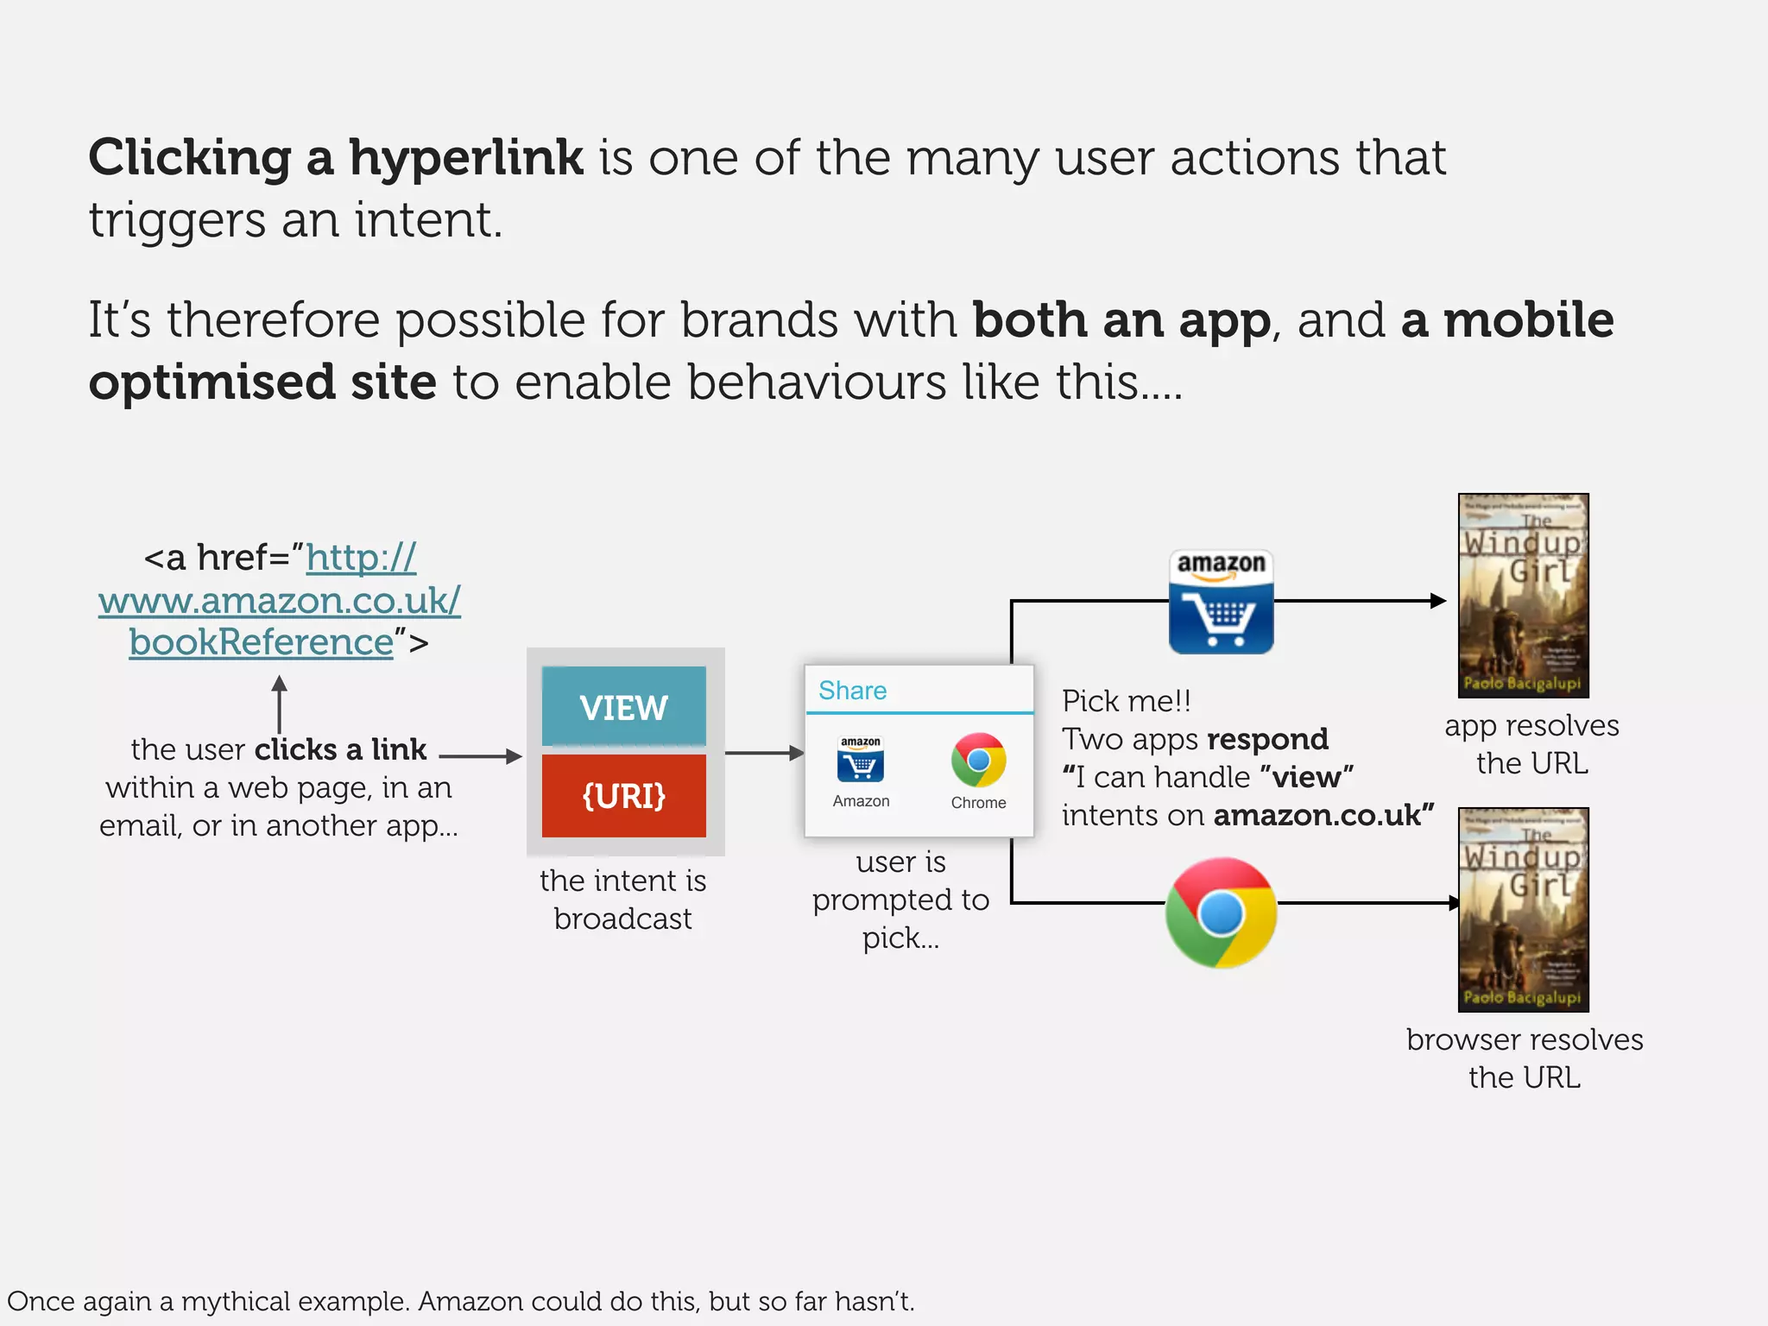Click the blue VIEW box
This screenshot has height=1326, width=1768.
(x=623, y=706)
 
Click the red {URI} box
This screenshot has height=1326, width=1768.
(x=623, y=795)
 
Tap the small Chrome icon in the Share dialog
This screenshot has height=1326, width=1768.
(x=978, y=761)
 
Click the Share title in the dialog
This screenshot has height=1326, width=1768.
(x=852, y=691)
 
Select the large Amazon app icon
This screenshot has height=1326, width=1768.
(x=1221, y=602)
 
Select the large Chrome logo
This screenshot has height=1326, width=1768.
(x=1221, y=912)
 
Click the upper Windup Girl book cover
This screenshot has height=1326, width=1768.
(x=1523, y=596)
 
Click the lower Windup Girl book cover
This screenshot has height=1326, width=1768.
(x=1523, y=909)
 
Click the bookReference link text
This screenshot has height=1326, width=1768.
(x=262, y=642)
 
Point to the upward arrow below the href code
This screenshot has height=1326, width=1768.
(x=279, y=704)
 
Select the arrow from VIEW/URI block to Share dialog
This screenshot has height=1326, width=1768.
(x=763, y=753)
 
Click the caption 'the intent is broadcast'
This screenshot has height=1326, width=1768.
(x=622, y=900)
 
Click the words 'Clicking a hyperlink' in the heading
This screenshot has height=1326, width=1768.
(x=336, y=158)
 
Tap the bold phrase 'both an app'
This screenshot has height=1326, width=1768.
(x=1121, y=320)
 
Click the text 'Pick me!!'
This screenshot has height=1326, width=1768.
(x=1126, y=701)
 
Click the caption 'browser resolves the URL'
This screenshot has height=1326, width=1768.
(x=1524, y=1058)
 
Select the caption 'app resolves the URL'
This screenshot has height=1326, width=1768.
(x=1531, y=744)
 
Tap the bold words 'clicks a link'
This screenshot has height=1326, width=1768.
(x=340, y=749)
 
